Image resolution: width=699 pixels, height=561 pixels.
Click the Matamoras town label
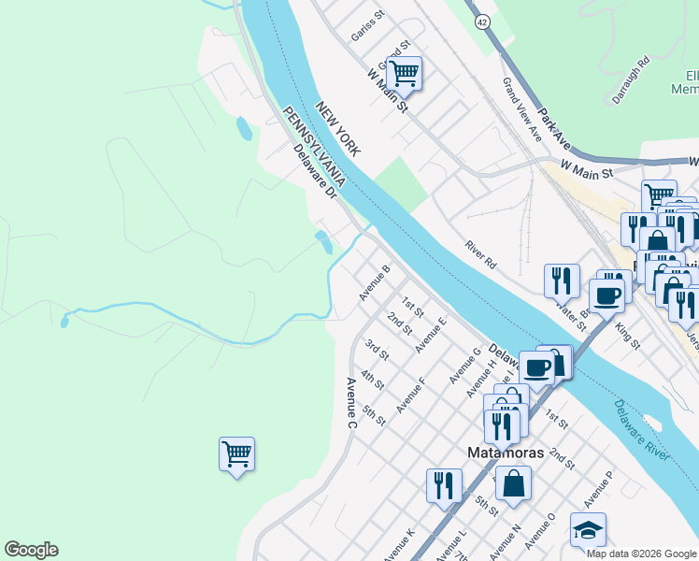(x=506, y=453)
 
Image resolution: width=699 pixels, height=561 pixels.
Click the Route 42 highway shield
(x=480, y=21)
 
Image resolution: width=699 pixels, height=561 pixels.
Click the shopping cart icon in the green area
(x=236, y=454)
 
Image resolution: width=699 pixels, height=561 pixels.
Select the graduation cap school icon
(x=588, y=529)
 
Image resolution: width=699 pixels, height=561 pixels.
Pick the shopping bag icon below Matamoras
(x=513, y=483)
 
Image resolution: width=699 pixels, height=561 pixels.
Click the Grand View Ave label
(x=522, y=108)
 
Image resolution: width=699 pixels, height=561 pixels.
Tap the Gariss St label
(x=368, y=27)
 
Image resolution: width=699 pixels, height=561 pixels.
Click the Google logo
(x=31, y=550)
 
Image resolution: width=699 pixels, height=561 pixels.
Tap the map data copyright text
(x=642, y=554)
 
